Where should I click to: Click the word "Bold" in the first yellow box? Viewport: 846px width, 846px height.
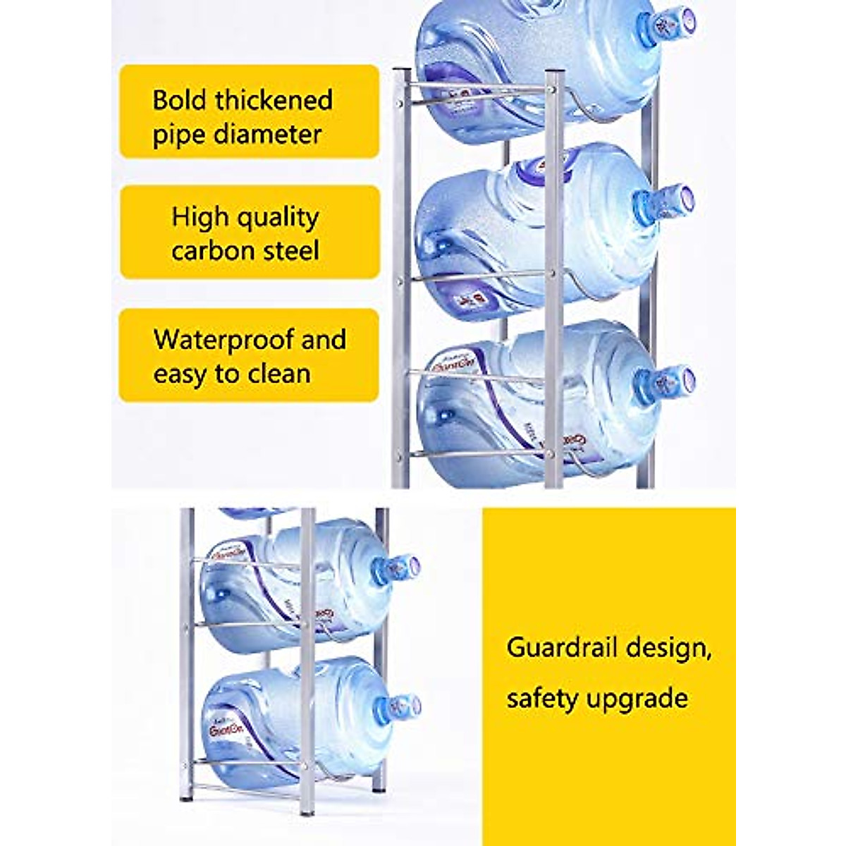coord(180,100)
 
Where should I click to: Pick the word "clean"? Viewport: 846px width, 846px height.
coord(278,374)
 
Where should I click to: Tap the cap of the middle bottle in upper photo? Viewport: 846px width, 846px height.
coord(673,201)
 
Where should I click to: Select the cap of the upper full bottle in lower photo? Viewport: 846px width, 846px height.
coord(402,568)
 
